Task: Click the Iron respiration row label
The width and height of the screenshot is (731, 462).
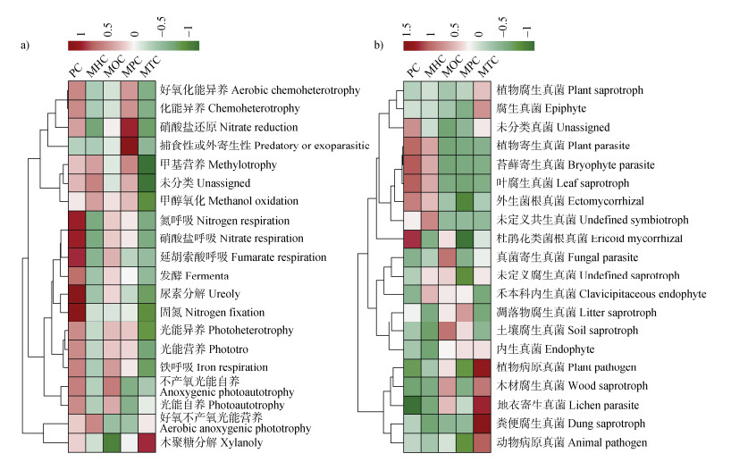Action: point(214,366)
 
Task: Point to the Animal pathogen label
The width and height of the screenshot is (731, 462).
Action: point(567,441)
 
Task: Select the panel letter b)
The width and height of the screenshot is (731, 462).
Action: point(379,44)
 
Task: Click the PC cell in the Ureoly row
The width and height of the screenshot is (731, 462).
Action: point(77,293)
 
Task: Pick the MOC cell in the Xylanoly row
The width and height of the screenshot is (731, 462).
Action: point(112,442)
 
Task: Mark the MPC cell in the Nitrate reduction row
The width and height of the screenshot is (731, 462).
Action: point(130,129)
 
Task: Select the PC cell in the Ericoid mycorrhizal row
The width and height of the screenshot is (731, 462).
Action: point(412,238)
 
